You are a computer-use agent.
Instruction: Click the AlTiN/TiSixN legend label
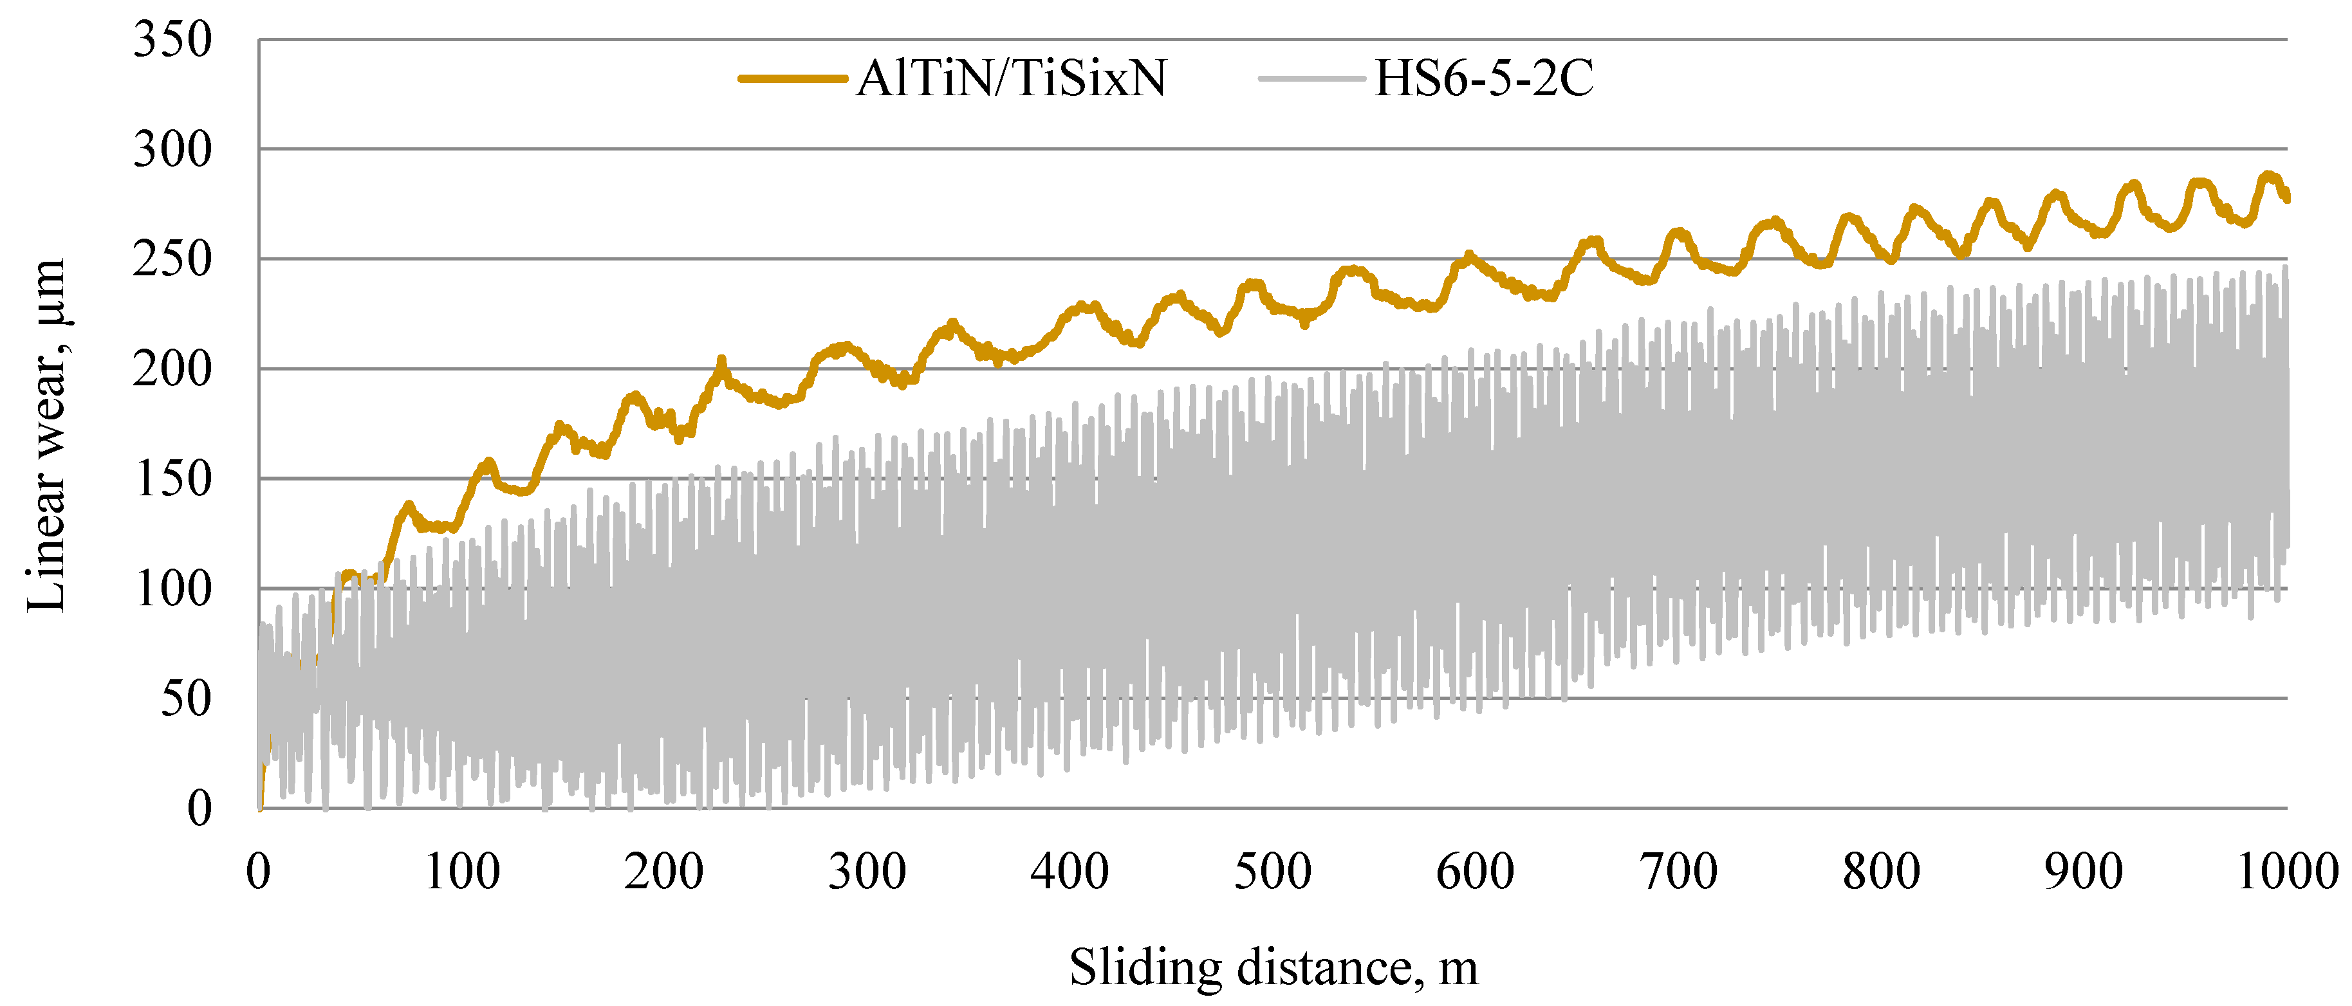(x=1011, y=78)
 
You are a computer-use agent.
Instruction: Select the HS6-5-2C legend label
(x=1484, y=78)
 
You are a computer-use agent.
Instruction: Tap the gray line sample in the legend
(x=1311, y=78)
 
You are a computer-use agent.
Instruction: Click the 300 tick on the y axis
(x=172, y=150)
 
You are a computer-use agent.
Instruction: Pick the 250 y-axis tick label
(x=172, y=260)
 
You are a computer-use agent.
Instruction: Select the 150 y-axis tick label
(x=172, y=479)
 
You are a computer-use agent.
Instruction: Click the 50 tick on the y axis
(x=186, y=699)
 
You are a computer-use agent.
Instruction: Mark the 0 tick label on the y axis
(x=199, y=809)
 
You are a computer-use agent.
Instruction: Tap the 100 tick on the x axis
(x=462, y=872)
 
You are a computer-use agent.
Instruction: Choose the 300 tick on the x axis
(x=867, y=872)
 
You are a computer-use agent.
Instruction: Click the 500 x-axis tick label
(x=1273, y=872)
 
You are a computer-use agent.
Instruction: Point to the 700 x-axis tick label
(x=1678, y=872)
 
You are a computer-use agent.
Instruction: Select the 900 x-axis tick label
(x=2084, y=872)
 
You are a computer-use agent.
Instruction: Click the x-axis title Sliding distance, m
(x=1273, y=967)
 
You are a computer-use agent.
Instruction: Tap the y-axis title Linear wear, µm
(x=46, y=435)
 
